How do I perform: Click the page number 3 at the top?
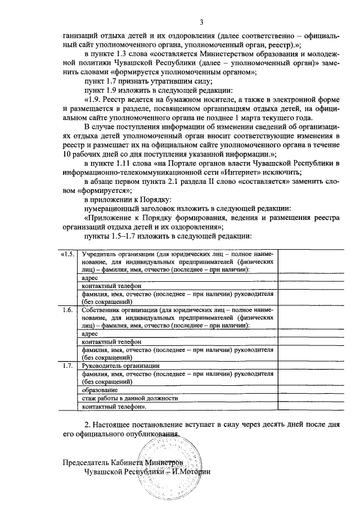pos(201,22)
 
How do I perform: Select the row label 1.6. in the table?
pos(67,310)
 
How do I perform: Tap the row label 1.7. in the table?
pos(67,365)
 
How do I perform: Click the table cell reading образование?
pos(100,390)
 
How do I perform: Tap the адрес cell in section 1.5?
pos(90,278)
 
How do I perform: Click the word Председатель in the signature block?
pos(86,462)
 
